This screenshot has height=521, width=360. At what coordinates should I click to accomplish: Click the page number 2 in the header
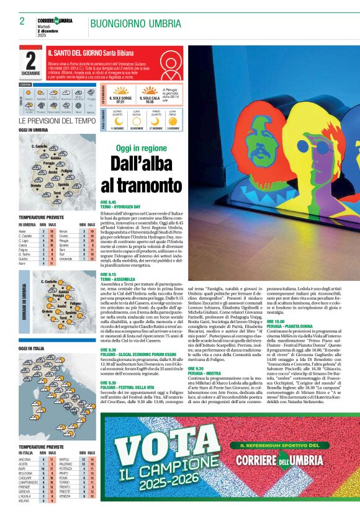[x=22, y=20]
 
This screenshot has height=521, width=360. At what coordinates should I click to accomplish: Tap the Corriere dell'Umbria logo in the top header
[x=55, y=22]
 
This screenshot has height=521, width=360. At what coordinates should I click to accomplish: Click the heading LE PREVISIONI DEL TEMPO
[x=57, y=121]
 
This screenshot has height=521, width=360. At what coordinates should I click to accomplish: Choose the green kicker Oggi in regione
[x=141, y=148]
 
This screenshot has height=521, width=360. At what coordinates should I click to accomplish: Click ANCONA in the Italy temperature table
[x=25, y=459]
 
